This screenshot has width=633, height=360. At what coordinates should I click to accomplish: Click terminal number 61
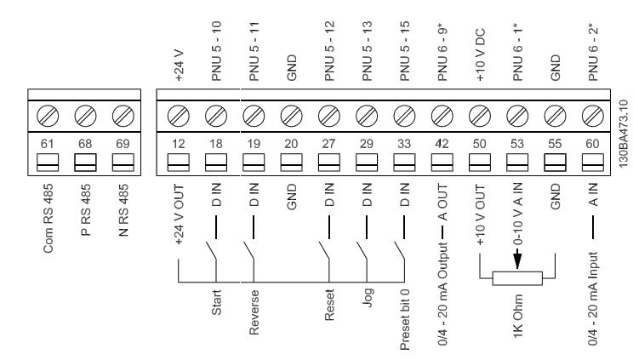tap(49, 144)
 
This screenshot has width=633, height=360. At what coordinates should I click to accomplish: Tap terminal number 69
tap(124, 144)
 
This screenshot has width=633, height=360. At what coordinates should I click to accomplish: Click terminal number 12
tap(178, 144)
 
